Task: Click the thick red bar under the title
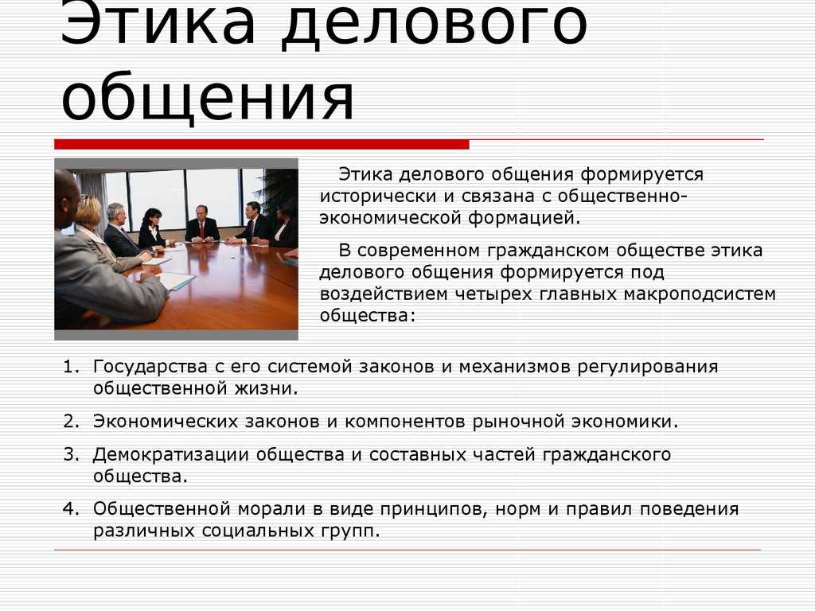click(261, 145)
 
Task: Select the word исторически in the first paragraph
click(377, 197)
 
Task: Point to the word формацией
click(524, 218)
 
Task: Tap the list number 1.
click(71, 367)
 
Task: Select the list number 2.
click(71, 422)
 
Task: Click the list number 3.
click(71, 454)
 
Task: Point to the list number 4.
click(71, 508)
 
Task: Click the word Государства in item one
click(150, 368)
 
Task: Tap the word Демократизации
click(171, 456)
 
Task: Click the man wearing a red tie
click(201, 224)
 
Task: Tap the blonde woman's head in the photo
click(88, 211)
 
